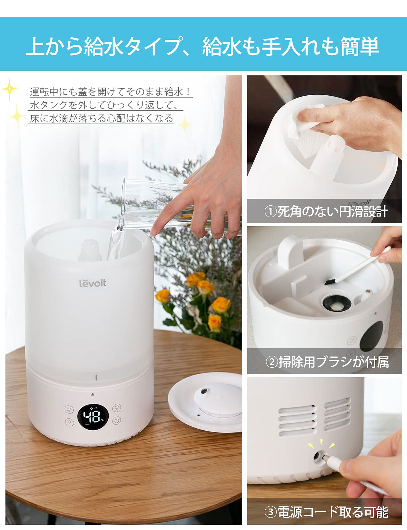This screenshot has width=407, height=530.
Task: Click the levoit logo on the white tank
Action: click(x=93, y=283)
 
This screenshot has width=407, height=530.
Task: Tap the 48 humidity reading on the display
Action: click(x=91, y=417)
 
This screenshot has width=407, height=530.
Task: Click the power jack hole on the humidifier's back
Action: click(x=318, y=455)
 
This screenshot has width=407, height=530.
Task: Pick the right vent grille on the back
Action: click(x=337, y=414)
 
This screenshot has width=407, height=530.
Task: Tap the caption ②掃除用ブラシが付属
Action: click(x=327, y=362)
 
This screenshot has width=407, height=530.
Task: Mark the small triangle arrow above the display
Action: click(x=93, y=394)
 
